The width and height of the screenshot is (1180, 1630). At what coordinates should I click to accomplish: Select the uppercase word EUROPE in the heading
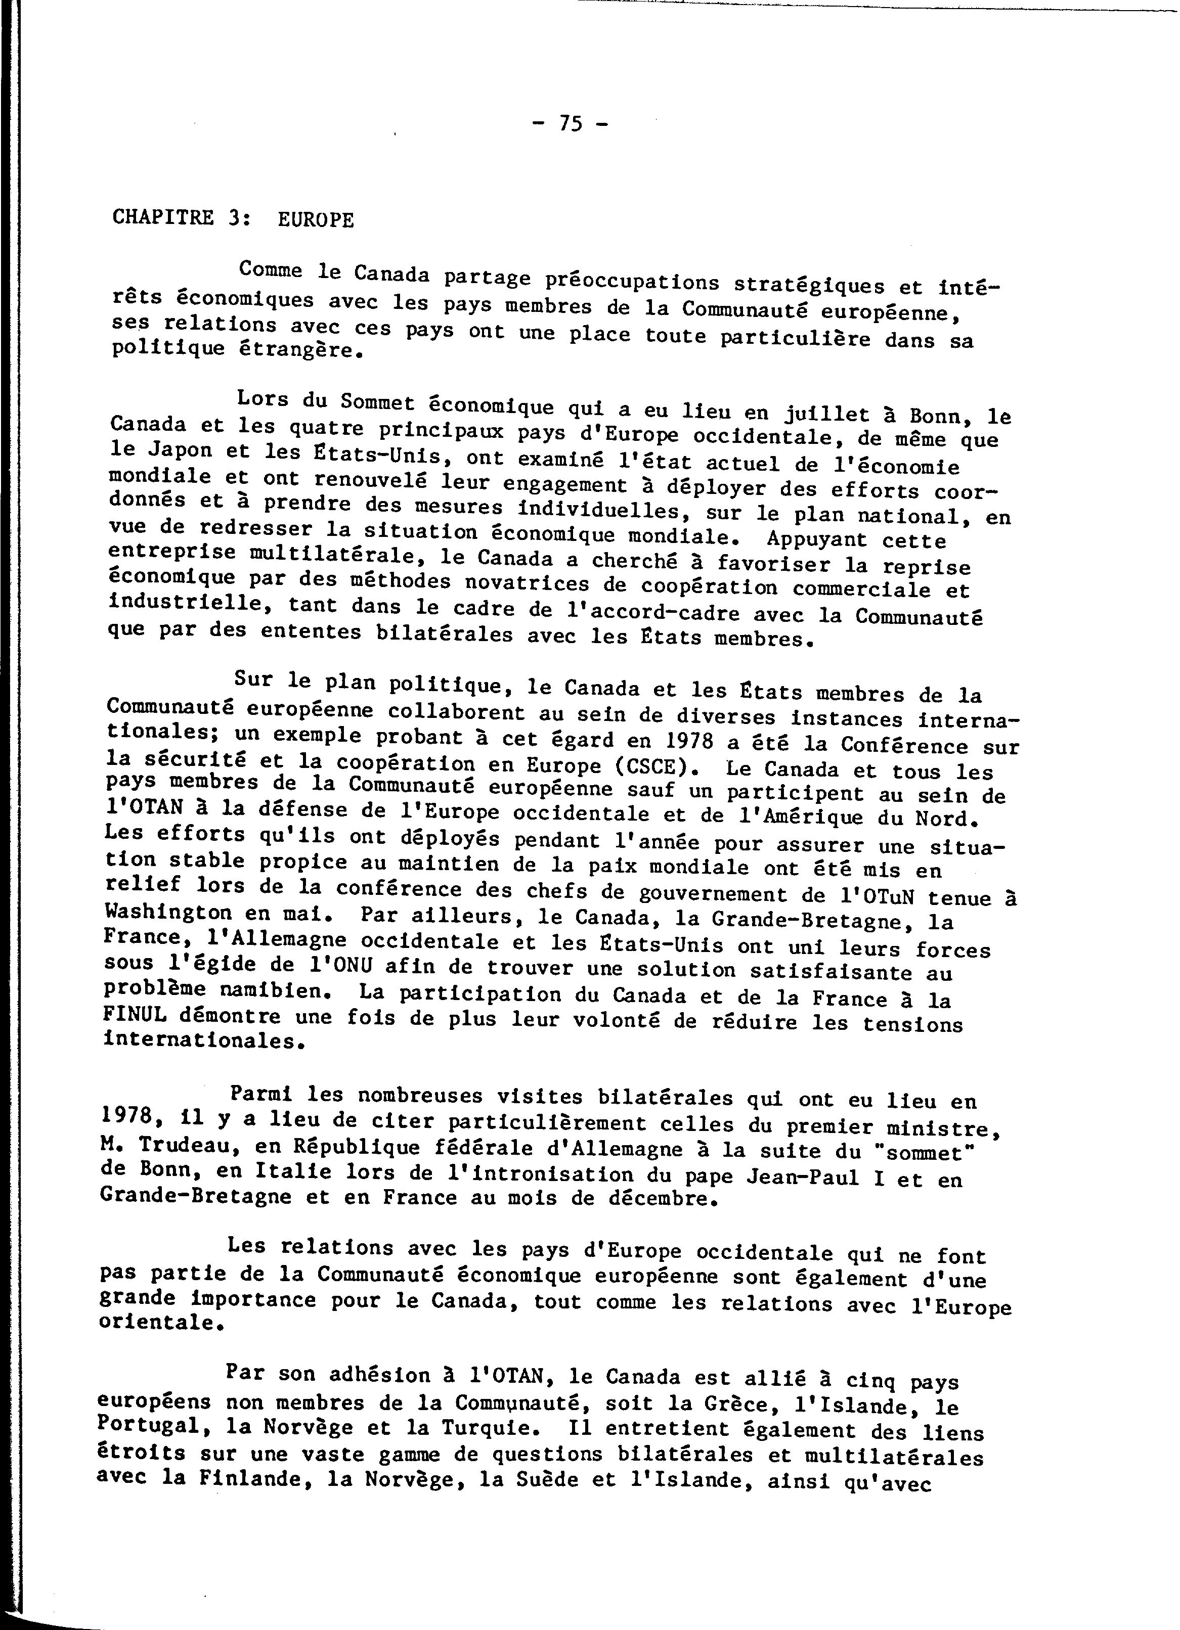coord(316,219)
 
